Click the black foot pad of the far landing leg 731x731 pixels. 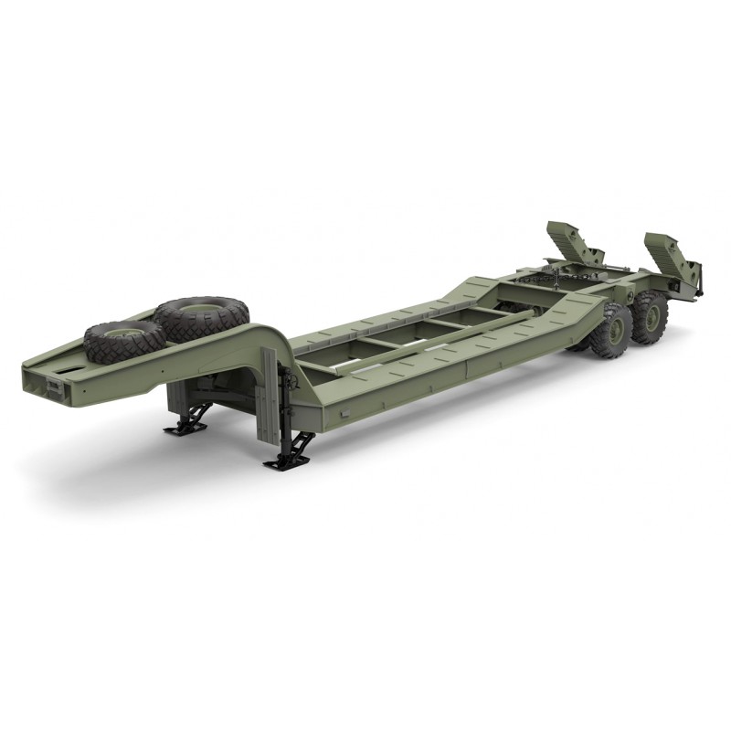186,427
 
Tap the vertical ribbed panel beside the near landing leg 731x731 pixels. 269,397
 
